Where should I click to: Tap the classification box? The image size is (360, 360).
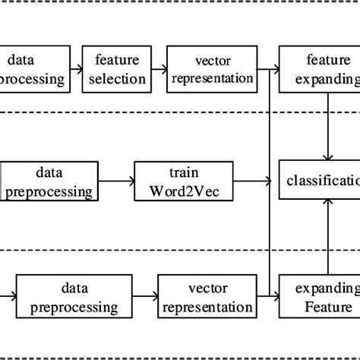click(320, 181)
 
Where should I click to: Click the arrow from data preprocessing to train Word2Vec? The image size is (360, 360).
click(116, 182)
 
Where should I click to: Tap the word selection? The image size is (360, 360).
click(119, 78)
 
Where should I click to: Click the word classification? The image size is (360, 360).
click(323, 181)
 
